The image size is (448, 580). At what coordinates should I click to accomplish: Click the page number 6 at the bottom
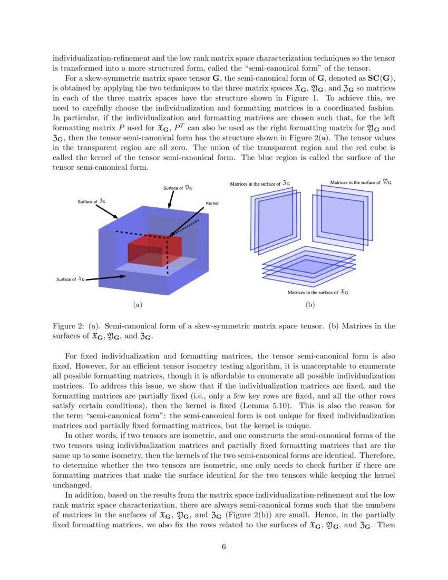(x=223, y=546)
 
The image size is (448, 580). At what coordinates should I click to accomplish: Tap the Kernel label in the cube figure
(x=212, y=203)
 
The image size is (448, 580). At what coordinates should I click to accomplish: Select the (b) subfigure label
(x=310, y=304)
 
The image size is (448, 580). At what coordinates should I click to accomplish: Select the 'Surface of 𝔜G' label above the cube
(x=177, y=187)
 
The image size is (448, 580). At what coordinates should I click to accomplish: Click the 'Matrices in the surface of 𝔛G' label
(x=317, y=292)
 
